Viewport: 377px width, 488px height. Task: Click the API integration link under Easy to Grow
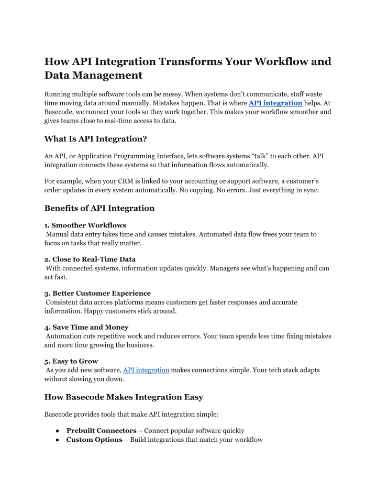[x=146, y=370]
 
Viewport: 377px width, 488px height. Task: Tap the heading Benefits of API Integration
[x=99, y=208]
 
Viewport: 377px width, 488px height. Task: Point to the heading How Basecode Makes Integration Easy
[x=124, y=397]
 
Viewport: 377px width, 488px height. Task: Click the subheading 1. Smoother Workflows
[x=85, y=225]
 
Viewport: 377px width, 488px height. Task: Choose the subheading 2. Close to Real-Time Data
[x=90, y=259]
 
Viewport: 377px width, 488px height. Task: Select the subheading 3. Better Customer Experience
[x=97, y=293]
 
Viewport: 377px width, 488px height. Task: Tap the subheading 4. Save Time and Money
[x=86, y=327]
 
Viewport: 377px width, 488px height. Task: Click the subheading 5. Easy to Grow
[x=71, y=361]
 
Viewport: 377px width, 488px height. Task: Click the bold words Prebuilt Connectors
[x=102, y=431]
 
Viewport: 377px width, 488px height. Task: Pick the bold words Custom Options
[x=94, y=440]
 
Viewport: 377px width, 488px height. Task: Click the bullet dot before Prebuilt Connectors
[x=56, y=431]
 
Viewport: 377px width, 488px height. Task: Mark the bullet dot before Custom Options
[x=56, y=440]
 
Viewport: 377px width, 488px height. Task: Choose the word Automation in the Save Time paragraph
[x=65, y=336]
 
